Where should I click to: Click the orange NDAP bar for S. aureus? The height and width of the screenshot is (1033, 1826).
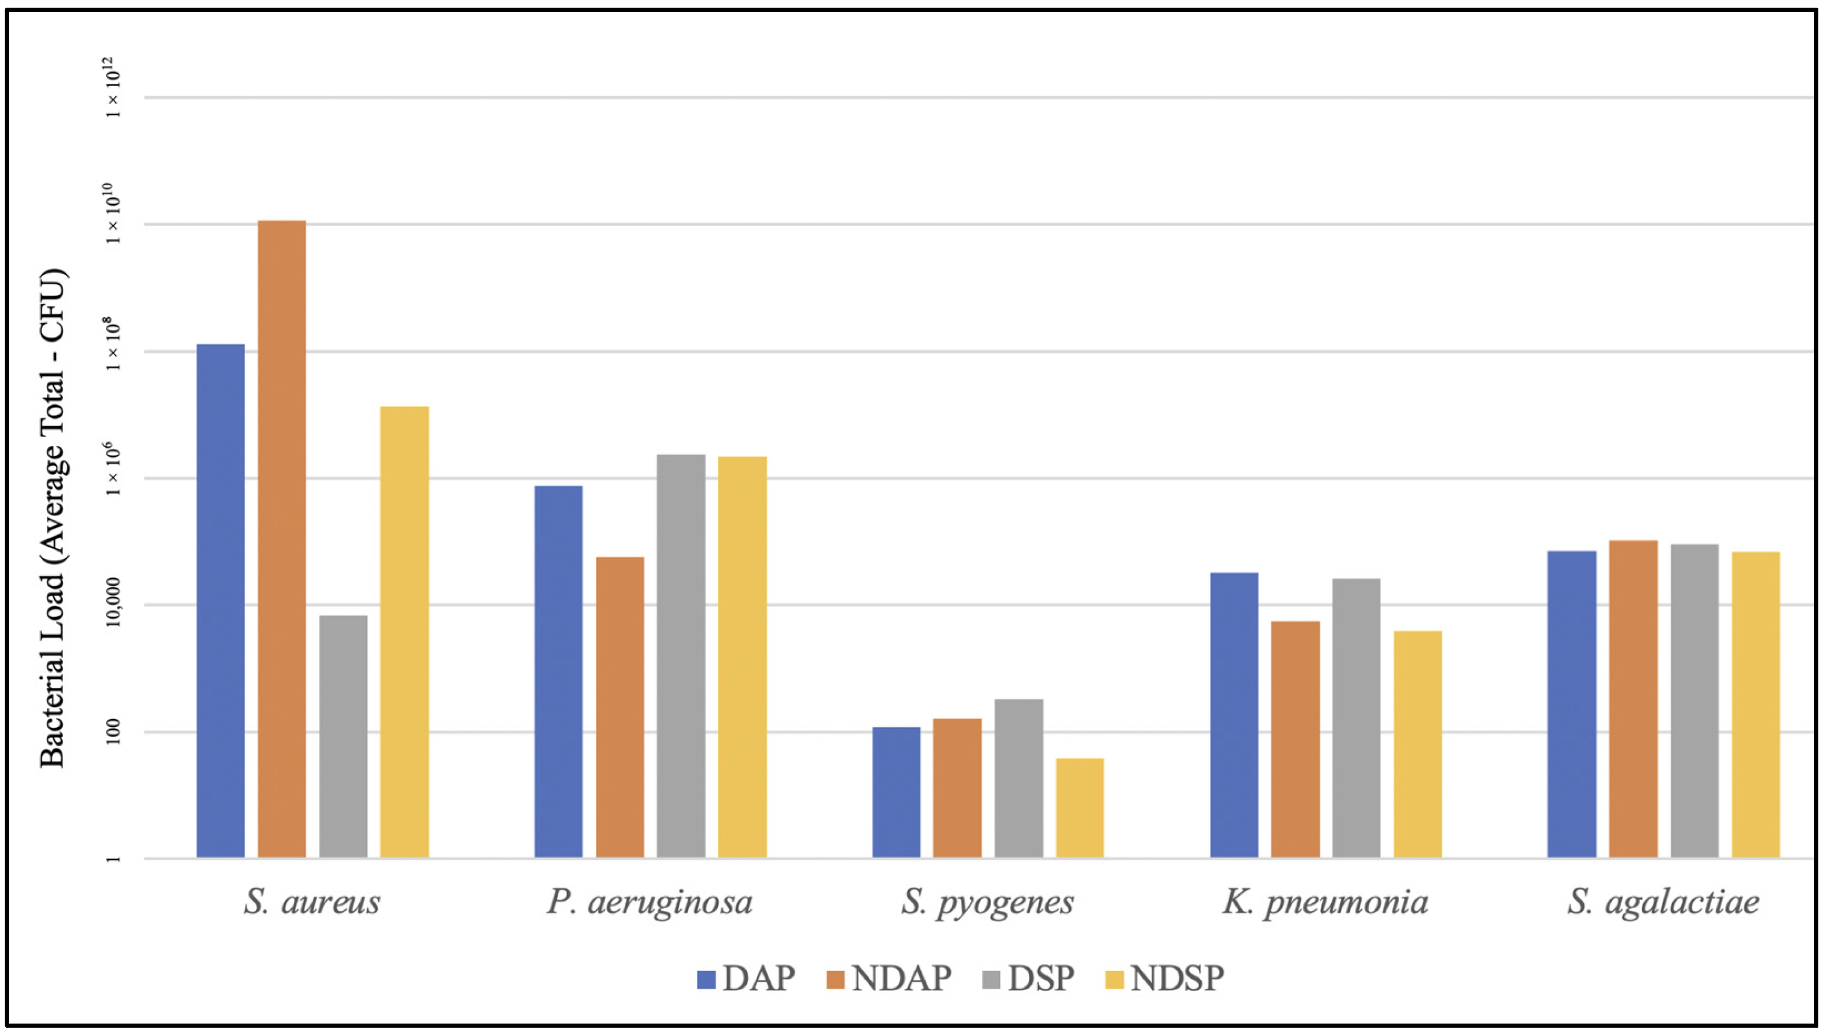tap(281, 539)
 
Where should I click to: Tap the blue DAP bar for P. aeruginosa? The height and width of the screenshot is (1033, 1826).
tap(558, 672)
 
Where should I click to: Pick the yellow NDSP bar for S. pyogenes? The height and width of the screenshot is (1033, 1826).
tap(1080, 808)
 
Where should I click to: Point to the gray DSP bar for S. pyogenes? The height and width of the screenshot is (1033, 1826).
tap(1019, 779)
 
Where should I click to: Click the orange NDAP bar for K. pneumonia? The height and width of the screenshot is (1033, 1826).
tap(1296, 740)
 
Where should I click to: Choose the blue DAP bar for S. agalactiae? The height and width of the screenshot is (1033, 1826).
tap(1572, 704)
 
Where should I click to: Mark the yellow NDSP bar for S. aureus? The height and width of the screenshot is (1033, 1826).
tap(404, 632)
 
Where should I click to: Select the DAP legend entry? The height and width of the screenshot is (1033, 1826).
tap(746, 978)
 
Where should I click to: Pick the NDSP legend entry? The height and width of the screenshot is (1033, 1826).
tap(1165, 978)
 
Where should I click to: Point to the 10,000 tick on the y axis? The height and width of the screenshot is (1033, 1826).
tap(113, 605)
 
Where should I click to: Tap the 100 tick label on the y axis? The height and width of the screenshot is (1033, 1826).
tap(113, 732)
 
